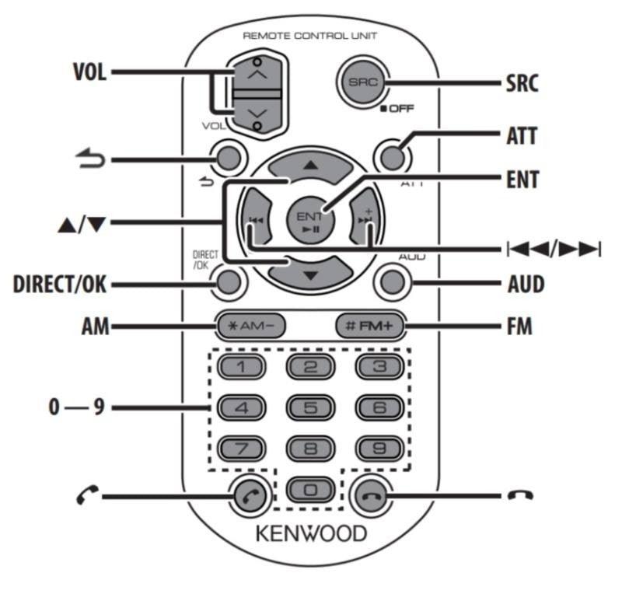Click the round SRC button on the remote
click(x=360, y=82)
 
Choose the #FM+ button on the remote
click(x=370, y=327)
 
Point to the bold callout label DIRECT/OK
click(x=59, y=285)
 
